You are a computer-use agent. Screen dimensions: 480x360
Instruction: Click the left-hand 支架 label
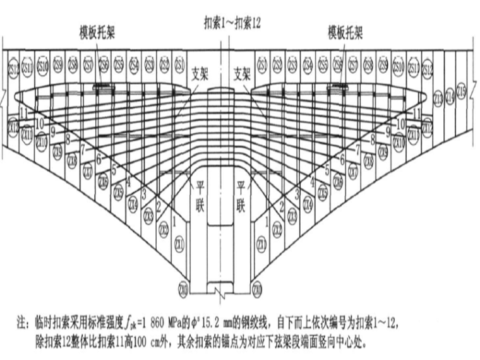point(200,71)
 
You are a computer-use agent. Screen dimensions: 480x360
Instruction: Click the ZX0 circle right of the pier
point(256,291)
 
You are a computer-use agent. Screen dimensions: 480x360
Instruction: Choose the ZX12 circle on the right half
point(428,126)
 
